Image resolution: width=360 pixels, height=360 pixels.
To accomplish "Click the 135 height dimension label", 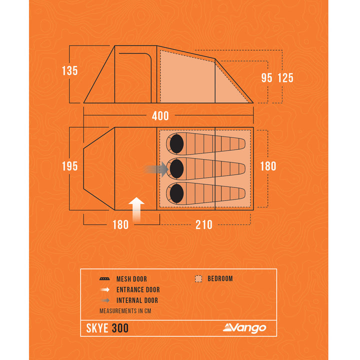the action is click(70, 70).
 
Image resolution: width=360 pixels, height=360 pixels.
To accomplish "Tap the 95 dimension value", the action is click(267, 78).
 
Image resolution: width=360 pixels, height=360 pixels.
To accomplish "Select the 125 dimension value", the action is click(285, 78).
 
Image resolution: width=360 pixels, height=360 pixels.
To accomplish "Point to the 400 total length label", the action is click(160, 115).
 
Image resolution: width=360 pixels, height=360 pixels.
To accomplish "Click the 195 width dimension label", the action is click(70, 166).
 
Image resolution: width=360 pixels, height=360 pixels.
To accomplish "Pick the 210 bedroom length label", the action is click(204, 224).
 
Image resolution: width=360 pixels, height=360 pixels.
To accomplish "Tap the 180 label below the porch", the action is click(120, 224).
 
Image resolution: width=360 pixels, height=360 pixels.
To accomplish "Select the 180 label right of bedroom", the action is click(268, 166).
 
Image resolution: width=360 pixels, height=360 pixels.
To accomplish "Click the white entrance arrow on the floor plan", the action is click(136, 209).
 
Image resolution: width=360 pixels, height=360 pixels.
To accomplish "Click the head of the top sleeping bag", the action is click(176, 144).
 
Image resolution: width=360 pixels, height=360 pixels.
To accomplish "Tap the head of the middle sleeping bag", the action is click(176, 169).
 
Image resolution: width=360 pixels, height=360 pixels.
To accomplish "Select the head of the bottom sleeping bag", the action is click(176, 193).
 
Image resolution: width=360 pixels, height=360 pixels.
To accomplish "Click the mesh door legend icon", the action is click(104, 279).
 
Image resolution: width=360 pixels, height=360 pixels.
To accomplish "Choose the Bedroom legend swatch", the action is click(198, 278).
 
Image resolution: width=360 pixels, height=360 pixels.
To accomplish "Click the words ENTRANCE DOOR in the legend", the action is click(138, 289).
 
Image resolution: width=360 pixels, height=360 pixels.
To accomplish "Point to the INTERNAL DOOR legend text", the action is click(137, 300).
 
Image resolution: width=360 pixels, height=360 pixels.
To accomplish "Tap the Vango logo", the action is click(244, 328).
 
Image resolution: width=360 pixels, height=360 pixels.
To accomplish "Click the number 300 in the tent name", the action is click(120, 328).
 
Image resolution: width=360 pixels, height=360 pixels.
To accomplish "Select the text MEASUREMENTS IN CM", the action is click(125, 311).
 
